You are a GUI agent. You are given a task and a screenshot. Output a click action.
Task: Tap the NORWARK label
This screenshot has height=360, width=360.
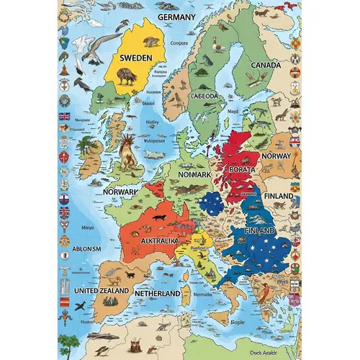coord(120,193)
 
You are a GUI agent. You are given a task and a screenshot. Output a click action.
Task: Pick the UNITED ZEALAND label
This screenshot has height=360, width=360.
coord(102,291)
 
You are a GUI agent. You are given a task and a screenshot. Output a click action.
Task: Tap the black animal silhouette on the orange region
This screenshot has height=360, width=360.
coord(157,217)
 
